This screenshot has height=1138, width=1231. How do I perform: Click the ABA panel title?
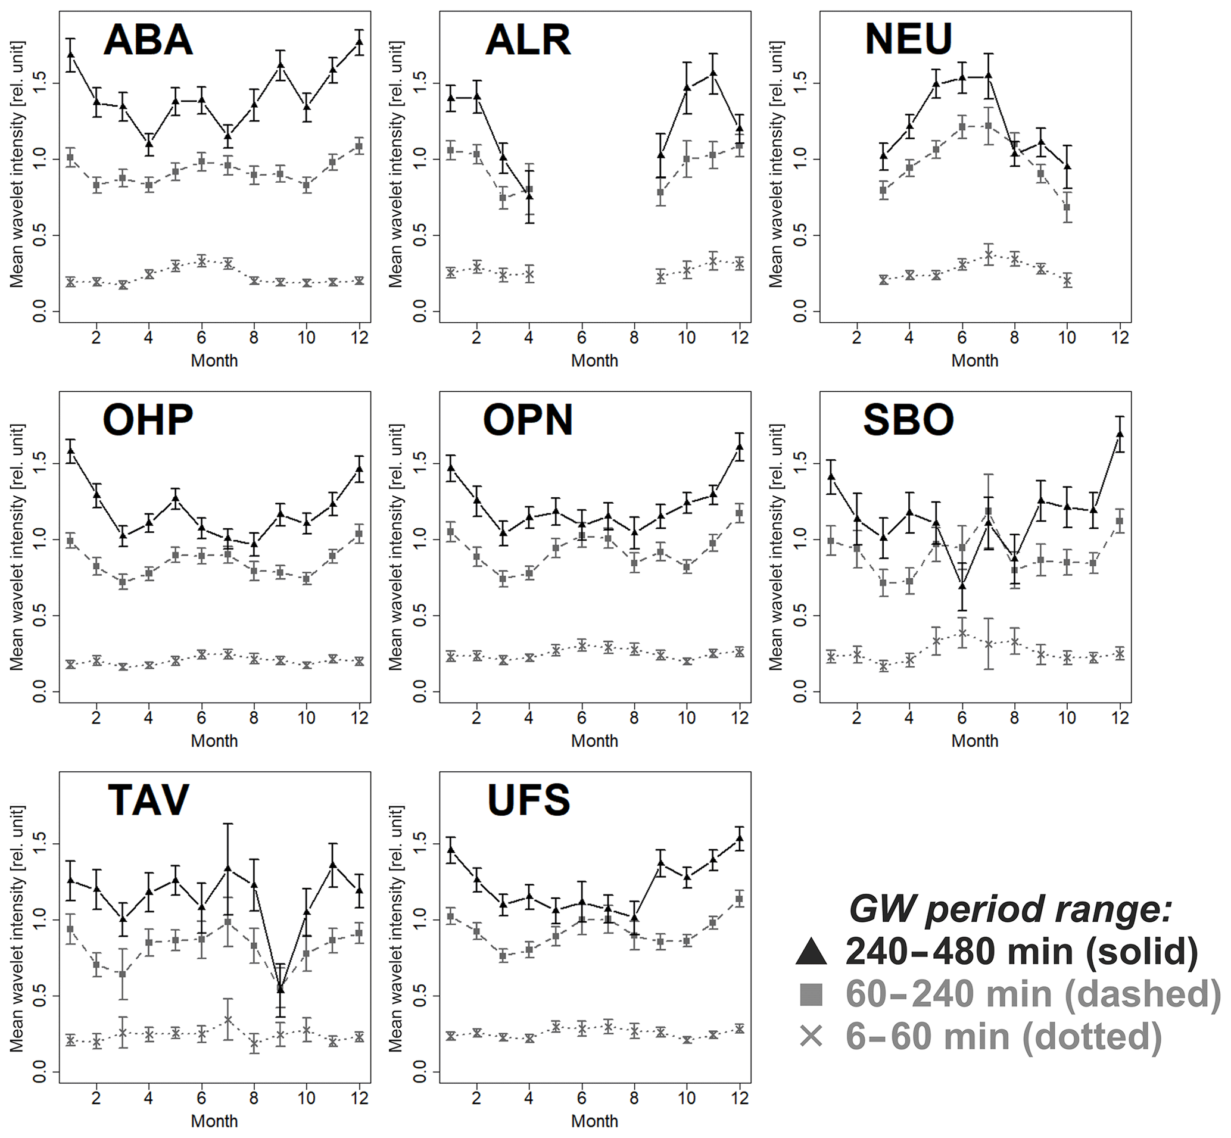148,40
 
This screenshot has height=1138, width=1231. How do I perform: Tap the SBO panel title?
908,420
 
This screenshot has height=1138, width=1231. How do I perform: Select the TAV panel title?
148,800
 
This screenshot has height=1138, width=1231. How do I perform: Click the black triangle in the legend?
811,952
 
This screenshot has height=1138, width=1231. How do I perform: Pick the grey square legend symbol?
811,994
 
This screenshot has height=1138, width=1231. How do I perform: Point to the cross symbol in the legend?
811,1036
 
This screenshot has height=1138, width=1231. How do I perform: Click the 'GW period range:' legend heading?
1010,909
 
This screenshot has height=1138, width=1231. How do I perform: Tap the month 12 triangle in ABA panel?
360,42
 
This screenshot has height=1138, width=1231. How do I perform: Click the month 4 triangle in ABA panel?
148,144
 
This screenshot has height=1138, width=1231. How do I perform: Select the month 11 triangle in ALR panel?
713,73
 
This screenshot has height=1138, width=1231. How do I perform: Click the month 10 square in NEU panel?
1067,207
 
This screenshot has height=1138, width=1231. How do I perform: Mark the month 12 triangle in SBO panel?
1120,434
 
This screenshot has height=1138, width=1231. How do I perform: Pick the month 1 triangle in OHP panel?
70,451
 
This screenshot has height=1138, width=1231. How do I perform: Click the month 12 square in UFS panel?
740,899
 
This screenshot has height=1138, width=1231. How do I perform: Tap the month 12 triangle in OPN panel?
740,446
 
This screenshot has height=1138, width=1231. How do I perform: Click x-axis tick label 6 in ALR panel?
581,338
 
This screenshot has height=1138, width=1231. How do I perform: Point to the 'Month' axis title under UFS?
594,1121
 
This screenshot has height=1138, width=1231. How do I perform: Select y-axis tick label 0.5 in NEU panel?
799,236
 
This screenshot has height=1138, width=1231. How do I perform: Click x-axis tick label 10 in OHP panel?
306,718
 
